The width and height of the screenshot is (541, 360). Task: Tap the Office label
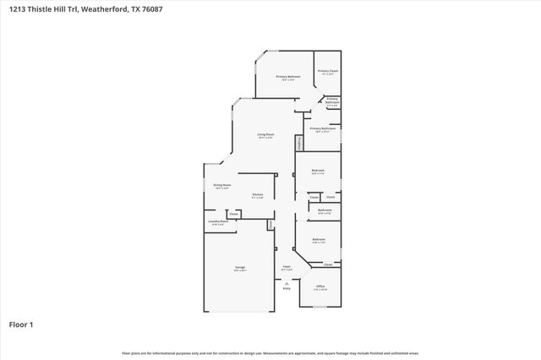click(x=320, y=286)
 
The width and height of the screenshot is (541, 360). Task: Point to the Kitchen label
click(x=258, y=195)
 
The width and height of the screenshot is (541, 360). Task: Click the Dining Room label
click(x=222, y=185)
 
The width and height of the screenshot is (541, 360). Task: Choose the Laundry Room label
click(x=218, y=221)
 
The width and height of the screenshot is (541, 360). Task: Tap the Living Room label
click(x=265, y=134)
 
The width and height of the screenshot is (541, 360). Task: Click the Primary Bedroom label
click(x=288, y=77)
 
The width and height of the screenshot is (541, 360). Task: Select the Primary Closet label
click(x=328, y=71)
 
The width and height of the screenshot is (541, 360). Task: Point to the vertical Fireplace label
click(x=298, y=143)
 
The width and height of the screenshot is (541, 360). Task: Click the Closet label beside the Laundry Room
click(x=233, y=215)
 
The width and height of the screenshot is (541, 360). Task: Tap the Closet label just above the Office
click(x=328, y=264)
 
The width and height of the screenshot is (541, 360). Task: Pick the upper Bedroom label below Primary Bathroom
click(x=318, y=171)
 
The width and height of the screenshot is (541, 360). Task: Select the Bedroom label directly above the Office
click(x=318, y=239)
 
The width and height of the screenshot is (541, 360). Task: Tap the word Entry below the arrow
click(x=287, y=289)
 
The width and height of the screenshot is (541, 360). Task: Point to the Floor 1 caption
click(x=20, y=324)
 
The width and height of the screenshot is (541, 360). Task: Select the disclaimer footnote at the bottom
click(x=270, y=352)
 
